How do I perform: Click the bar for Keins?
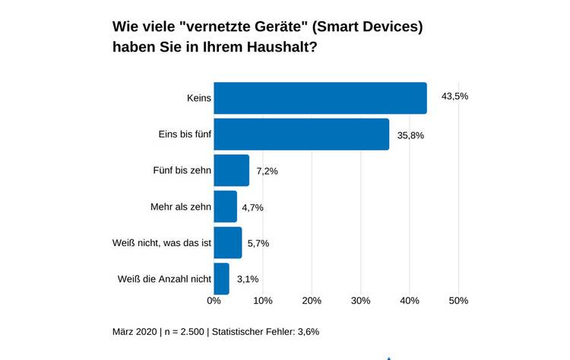click(x=320, y=98)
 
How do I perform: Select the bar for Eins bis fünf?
click(x=301, y=134)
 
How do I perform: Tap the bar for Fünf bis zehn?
click(x=231, y=170)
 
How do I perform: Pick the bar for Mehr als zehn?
click(x=225, y=207)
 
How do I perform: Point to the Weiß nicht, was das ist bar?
click(x=227, y=243)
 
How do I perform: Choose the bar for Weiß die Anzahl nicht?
click(x=221, y=279)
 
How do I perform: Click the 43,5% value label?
click(x=454, y=96)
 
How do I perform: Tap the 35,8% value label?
click(x=411, y=135)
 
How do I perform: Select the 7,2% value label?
click(x=267, y=171)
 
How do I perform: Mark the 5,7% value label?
click(x=259, y=243)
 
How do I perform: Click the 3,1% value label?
click(x=247, y=279)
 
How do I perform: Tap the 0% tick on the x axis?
click(x=214, y=301)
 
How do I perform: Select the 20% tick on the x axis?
click(x=312, y=301)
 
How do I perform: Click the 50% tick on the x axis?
click(x=458, y=301)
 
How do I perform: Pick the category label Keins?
click(x=198, y=98)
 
